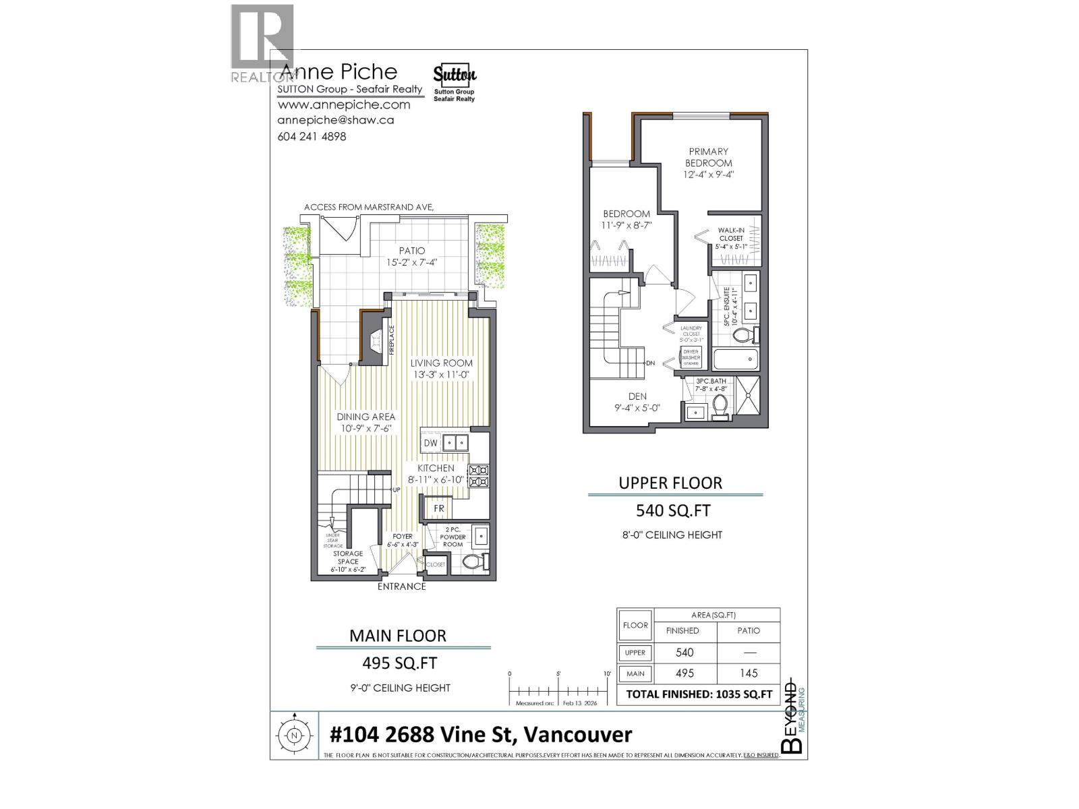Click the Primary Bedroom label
(708, 157)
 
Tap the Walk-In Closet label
(730, 234)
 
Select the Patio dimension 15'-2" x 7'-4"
(411, 262)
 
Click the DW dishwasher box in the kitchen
(430, 443)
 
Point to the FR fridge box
(439, 508)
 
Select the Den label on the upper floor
(637, 396)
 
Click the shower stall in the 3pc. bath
(747, 398)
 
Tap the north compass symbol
(294, 736)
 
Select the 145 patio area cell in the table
(749, 673)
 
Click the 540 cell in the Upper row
(684, 652)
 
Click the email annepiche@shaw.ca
(336, 120)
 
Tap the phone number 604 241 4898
(312, 136)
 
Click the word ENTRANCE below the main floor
(401, 587)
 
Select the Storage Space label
(348, 558)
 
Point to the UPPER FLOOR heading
(670, 483)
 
